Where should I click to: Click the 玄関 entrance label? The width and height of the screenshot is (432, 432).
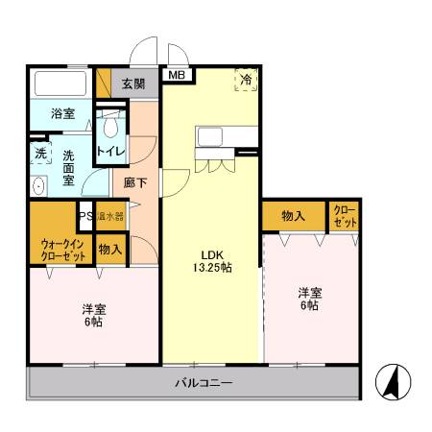point(133,84)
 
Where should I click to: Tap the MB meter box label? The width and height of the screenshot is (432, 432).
point(177,74)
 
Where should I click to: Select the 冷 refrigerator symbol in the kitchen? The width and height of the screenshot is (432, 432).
point(247,81)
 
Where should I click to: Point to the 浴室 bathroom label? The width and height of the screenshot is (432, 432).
point(62,114)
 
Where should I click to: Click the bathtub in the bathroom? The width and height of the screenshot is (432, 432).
point(60,84)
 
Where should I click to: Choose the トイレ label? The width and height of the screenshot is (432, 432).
point(110,152)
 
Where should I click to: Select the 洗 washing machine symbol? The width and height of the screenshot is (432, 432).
point(40,154)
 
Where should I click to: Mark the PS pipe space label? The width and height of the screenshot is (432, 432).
point(85,217)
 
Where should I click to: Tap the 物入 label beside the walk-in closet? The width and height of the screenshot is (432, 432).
point(109,249)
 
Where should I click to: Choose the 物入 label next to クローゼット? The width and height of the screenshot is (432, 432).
point(293,217)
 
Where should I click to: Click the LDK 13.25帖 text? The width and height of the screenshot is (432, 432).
point(210,261)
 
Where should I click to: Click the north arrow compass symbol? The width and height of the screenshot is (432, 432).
point(394,384)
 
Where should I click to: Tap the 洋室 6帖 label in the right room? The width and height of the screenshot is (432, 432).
point(309,299)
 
